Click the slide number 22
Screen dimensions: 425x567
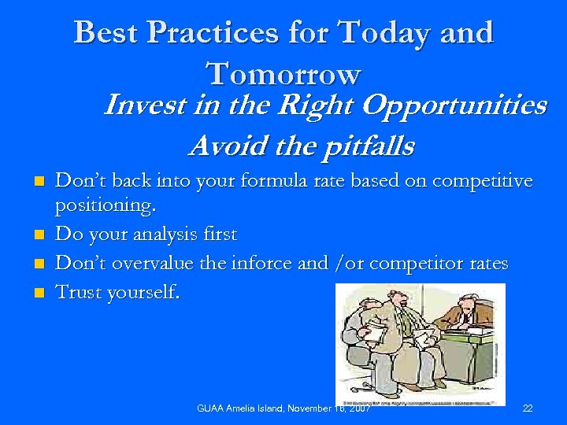[528, 408]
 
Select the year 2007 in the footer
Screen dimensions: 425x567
[358, 408]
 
